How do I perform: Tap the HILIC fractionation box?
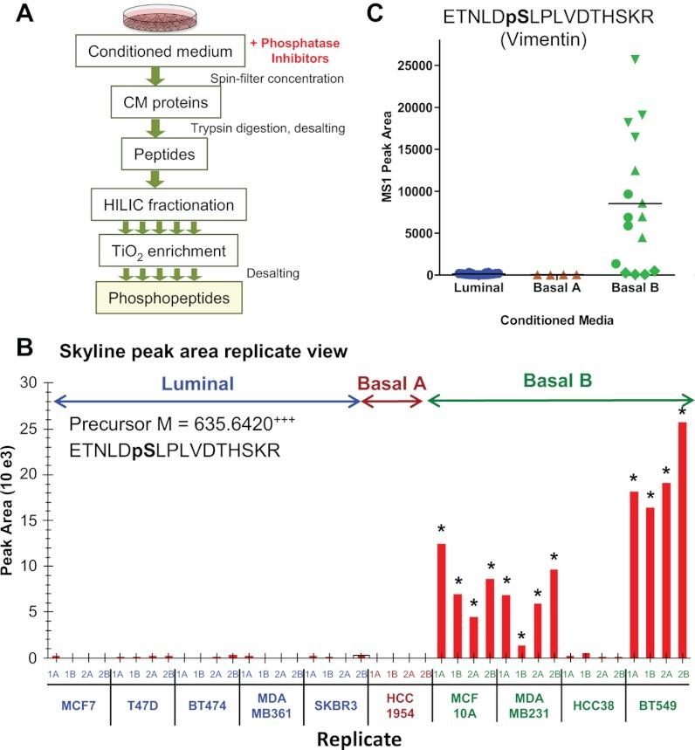[x=165, y=207]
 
